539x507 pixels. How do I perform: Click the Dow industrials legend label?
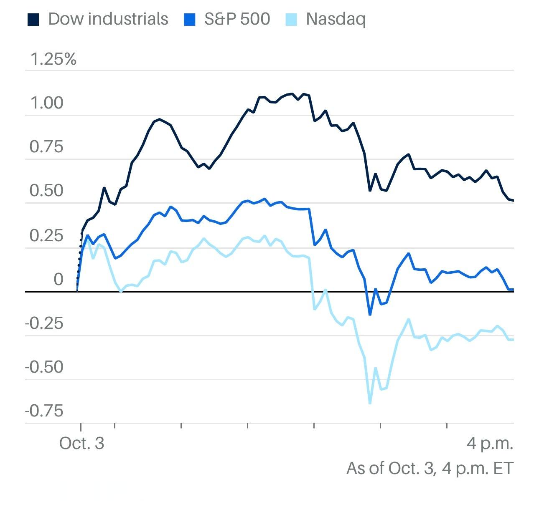pos(108,19)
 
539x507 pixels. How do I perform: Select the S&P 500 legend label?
pos(237,19)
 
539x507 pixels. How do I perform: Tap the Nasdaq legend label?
pos(336,19)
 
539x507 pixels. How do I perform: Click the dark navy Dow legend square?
pos(33,20)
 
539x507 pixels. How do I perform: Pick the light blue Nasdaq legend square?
pos(291,20)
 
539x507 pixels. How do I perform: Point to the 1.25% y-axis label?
pos(53,59)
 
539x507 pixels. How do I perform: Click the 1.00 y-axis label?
pos(46,103)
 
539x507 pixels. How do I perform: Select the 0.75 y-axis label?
pos(46,147)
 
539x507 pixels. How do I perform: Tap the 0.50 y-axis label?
pos(46,191)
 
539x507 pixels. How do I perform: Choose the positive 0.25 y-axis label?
pos(46,235)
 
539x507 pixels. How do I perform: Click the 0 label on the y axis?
pos(58,279)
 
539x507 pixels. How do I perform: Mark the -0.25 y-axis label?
pos(44,323)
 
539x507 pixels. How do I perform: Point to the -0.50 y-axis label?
pos(44,367)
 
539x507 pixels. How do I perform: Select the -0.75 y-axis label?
pos(44,411)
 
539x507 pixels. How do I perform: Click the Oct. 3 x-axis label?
pos(81,443)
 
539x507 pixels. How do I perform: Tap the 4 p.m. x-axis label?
pos(490,443)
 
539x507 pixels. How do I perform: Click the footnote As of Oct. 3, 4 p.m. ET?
pos(430,468)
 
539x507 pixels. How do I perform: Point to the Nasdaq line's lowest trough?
pos(370,403)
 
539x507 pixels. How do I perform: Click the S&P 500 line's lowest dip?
pos(370,314)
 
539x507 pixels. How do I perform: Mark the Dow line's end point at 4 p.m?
pos(513,201)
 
